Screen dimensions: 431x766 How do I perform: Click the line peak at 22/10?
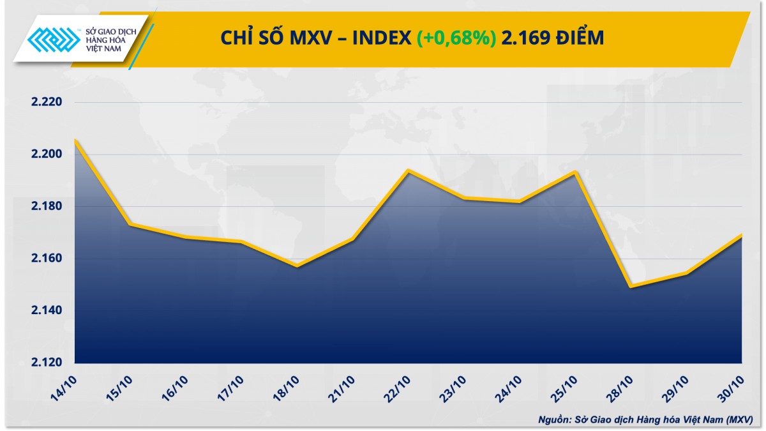click(409, 170)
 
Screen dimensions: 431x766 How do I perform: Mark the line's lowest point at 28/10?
click(631, 287)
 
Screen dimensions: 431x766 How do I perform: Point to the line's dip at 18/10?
click(297, 266)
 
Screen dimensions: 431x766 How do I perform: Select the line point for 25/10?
click(576, 172)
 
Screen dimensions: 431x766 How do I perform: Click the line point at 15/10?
click(130, 224)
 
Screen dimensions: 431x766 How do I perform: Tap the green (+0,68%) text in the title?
click(456, 38)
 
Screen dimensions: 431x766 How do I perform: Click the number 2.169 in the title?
click(525, 38)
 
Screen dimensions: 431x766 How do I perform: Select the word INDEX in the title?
click(381, 38)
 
